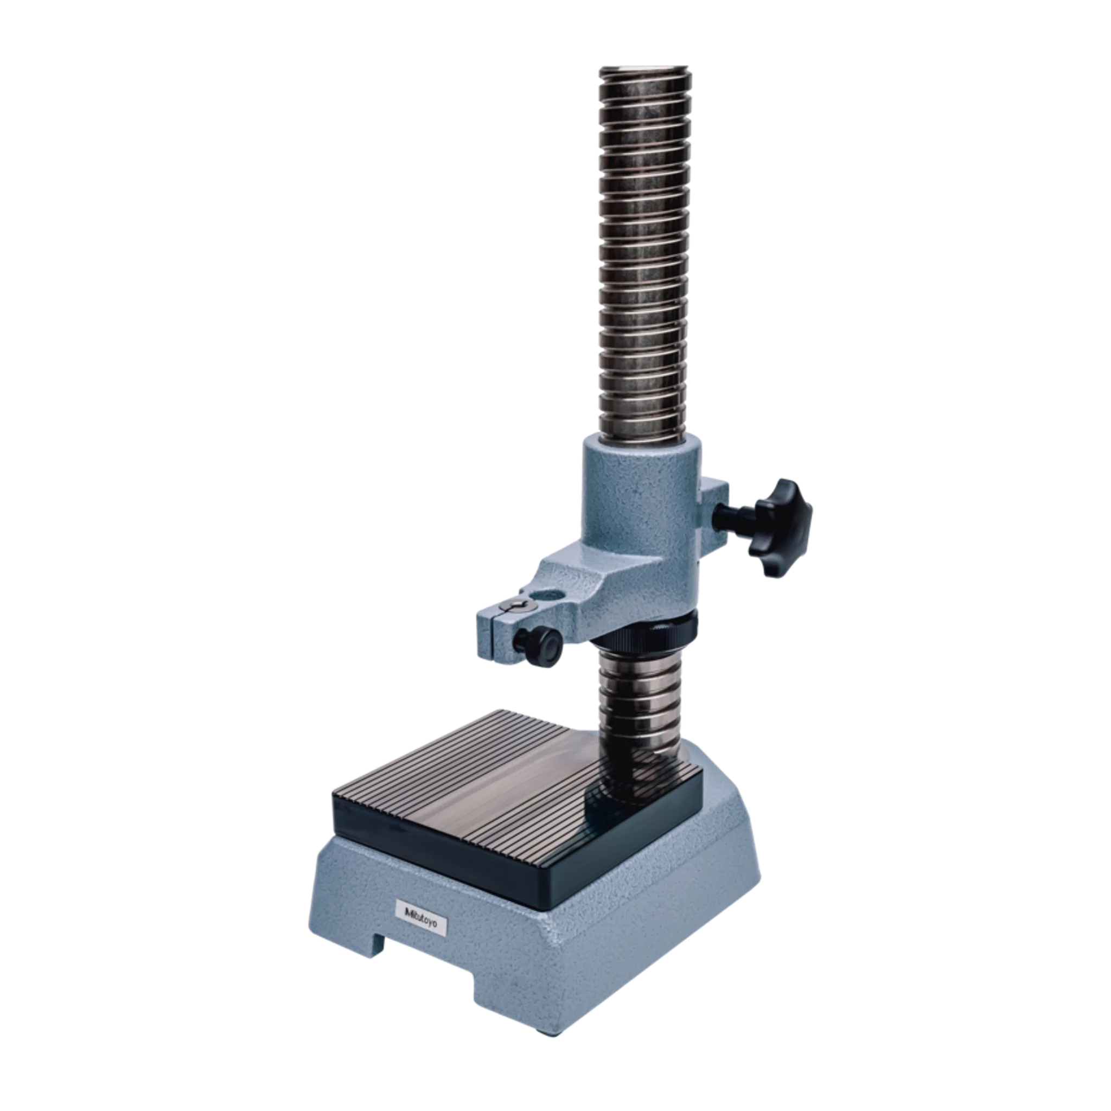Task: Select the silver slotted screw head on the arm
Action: pyautogui.click(x=516, y=604)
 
